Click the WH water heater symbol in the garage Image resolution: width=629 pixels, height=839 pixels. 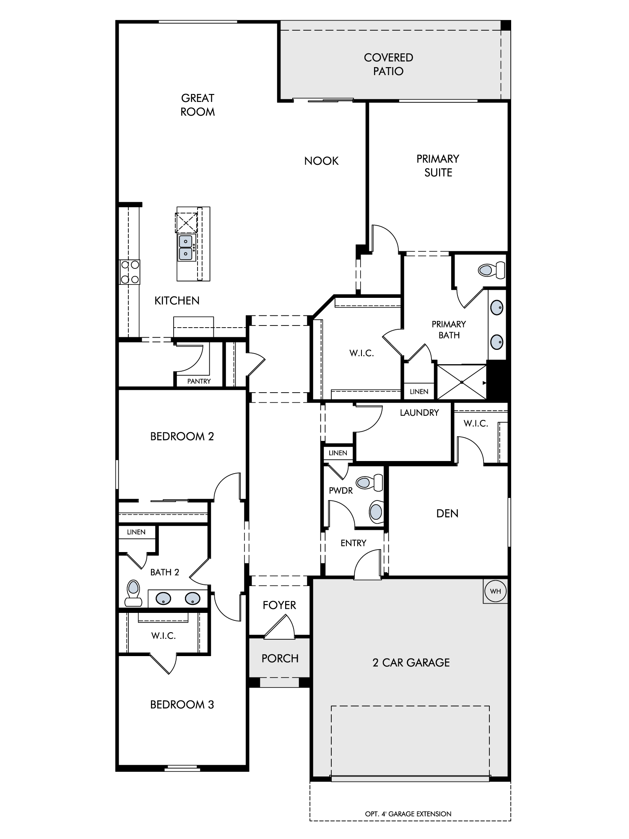coord(495,591)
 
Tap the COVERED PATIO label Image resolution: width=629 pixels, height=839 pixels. coord(388,64)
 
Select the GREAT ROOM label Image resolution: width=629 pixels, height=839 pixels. coord(198,105)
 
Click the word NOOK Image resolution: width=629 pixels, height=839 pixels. coord(321,161)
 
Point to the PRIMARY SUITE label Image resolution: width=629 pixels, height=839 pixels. coord(438,166)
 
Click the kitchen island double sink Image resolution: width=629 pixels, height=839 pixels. coord(186,248)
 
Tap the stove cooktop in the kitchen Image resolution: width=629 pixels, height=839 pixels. coord(130,272)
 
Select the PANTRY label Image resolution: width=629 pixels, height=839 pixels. coord(199,381)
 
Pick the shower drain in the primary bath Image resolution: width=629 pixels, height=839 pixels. coord(461,382)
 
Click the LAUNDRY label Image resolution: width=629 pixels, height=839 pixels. coord(419,413)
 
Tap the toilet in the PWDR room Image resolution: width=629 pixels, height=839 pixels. coord(369,482)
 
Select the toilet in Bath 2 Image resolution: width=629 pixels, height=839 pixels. coord(133,593)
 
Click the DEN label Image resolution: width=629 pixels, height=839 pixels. coord(447,513)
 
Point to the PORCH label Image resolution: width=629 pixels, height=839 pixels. coord(280,659)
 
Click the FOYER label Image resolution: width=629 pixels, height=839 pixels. coord(279,605)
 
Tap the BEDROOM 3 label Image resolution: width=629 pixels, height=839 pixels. coord(182,705)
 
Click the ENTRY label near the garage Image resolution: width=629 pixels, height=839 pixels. coord(353,543)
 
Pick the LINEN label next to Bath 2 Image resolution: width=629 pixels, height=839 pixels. coord(136,532)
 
